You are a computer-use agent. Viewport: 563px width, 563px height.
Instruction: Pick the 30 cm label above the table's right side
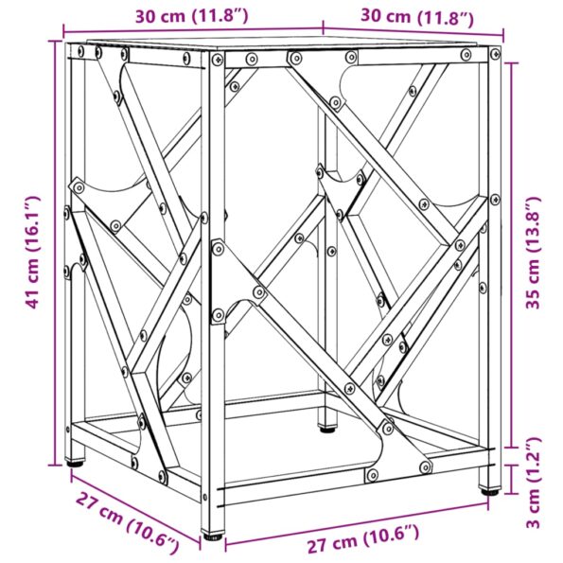point(416,15)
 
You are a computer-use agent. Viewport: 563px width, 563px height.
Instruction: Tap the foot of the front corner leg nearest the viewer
point(214,537)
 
